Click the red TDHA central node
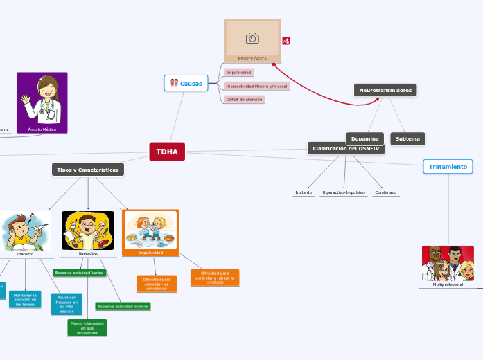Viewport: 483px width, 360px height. [166, 152]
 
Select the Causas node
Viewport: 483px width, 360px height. [186, 84]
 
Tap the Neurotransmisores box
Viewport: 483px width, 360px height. [385, 91]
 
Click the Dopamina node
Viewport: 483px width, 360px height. [365, 139]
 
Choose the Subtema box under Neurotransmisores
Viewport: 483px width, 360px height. [407, 139]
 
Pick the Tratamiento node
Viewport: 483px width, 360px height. [448, 167]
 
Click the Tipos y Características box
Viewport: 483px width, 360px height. [88, 170]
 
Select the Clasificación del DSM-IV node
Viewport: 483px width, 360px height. [346, 149]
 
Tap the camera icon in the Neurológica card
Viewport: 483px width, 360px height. [252, 38]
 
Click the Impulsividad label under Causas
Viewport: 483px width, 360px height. [239, 72]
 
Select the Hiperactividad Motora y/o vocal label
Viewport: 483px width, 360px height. [257, 86]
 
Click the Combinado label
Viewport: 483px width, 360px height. [385, 192]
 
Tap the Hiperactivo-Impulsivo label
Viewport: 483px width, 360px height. [343, 192]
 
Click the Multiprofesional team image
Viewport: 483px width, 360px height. [448, 263]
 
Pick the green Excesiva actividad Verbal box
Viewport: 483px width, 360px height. [80, 273]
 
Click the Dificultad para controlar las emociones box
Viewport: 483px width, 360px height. [157, 283]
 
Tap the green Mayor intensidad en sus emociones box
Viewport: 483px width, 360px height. [87, 327]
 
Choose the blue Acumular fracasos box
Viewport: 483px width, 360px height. [67, 303]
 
